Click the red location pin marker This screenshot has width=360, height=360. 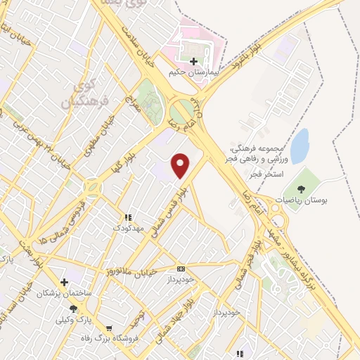click(x=181, y=165)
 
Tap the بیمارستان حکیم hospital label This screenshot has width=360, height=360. click(x=195, y=72)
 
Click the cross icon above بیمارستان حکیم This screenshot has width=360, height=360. click(x=193, y=61)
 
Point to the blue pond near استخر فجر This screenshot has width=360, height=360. click(x=300, y=146)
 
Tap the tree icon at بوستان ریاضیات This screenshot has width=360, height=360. click(x=301, y=188)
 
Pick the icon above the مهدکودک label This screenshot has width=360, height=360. click(x=129, y=218)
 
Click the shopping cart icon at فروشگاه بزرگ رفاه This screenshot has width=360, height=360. click(x=109, y=328)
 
